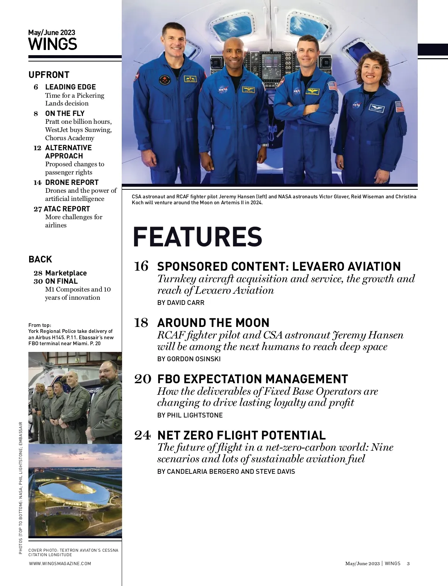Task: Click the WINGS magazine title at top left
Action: pyautogui.click(x=53, y=44)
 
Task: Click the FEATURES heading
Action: pyautogui.click(x=197, y=237)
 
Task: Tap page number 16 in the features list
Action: pyautogui.click(x=141, y=267)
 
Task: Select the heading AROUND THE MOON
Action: pyautogui.click(x=213, y=323)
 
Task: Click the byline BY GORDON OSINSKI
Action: pyautogui.click(x=189, y=359)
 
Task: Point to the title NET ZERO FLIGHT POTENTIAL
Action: pyautogui.click(x=242, y=435)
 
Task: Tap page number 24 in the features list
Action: pyautogui.click(x=142, y=435)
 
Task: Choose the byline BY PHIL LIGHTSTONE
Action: pyautogui.click(x=190, y=415)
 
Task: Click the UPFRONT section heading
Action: pyautogui.click(x=49, y=75)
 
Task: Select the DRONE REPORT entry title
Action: pyautogui.click(x=72, y=182)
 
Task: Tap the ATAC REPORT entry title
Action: pyautogui.click(x=67, y=209)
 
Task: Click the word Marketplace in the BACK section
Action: pyautogui.click(x=66, y=273)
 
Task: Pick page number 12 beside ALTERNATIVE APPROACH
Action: pyautogui.click(x=37, y=148)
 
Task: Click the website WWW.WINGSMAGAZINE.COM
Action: pyautogui.click(x=60, y=563)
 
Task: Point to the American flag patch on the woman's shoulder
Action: pyautogui.click(x=399, y=107)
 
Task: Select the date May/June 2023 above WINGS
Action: pyautogui.click(x=52, y=33)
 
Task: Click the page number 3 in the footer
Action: pyautogui.click(x=408, y=563)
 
